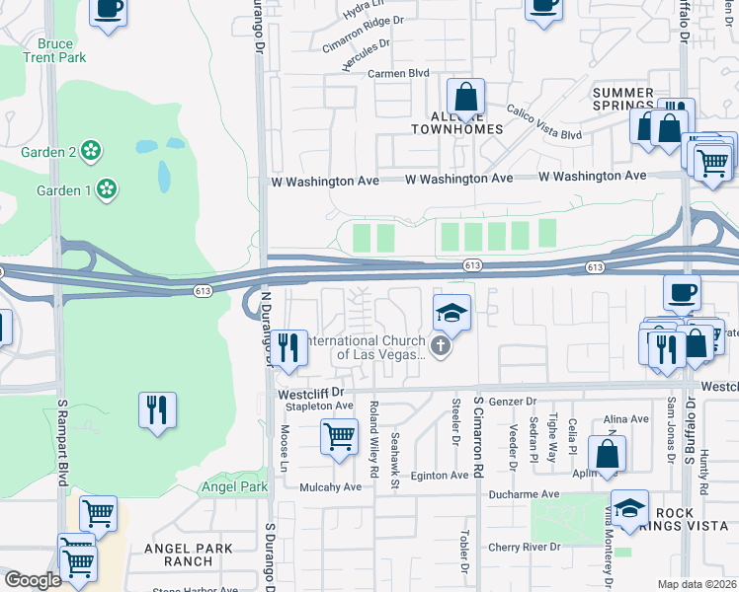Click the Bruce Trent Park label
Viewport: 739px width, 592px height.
(x=62, y=50)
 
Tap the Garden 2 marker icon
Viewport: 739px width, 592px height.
(x=91, y=151)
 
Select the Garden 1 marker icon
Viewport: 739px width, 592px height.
(x=107, y=188)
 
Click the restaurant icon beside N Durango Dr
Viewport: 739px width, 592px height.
(x=287, y=347)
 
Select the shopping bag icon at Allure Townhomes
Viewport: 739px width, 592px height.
(x=464, y=97)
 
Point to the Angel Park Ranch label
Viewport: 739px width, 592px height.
(x=188, y=555)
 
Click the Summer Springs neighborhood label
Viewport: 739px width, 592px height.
(x=623, y=99)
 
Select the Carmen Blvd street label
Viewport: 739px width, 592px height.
(x=398, y=74)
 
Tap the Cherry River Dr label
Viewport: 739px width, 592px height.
(x=524, y=547)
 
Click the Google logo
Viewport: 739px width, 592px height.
(x=33, y=580)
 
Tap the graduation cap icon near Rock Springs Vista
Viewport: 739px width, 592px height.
(x=629, y=508)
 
